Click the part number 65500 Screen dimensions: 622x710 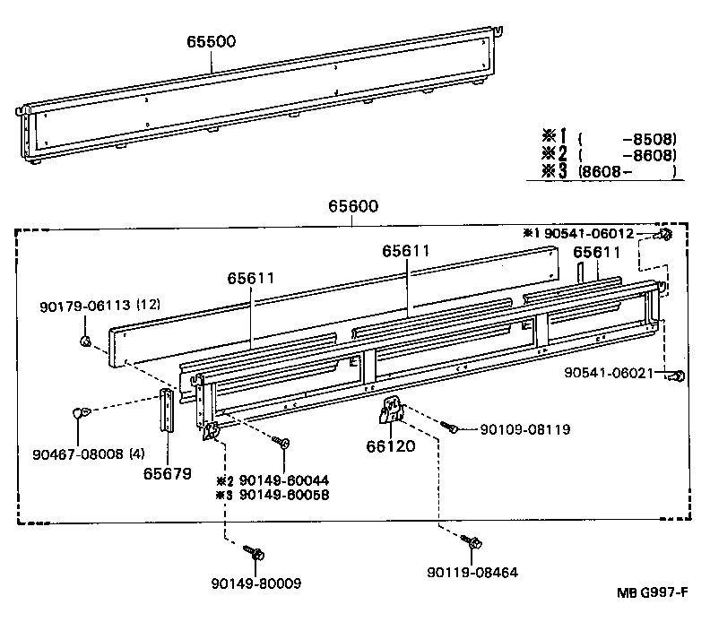tap(212, 42)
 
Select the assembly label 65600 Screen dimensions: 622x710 tap(357, 206)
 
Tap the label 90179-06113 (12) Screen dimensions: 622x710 tap(100, 306)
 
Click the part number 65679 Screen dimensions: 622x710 tap(167, 472)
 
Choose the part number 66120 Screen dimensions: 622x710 tap(391, 445)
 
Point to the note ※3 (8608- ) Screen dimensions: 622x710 tap(607, 171)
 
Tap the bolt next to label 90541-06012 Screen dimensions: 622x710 tap(665, 235)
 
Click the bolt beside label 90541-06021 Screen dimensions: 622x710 tap(680, 376)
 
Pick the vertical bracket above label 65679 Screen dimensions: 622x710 tap(167, 410)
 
